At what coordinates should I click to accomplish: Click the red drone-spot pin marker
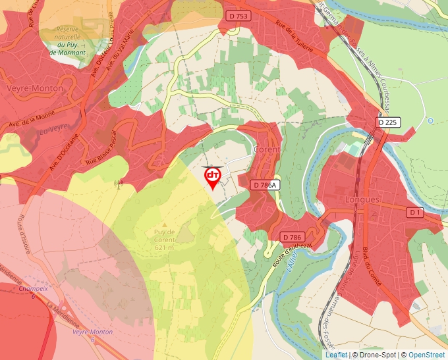point(213,176)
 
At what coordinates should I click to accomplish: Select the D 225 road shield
point(389,122)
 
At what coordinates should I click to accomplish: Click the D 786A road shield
point(266,185)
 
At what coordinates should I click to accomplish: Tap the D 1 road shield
point(415,212)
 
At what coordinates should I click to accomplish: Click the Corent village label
point(267,149)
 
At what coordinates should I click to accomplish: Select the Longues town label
point(362,199)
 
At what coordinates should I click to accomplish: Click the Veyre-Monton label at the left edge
point(34,88)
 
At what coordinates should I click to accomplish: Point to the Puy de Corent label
point(165,240)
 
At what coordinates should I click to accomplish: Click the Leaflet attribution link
point(336,355)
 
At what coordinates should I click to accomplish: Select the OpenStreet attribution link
point(428,355)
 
